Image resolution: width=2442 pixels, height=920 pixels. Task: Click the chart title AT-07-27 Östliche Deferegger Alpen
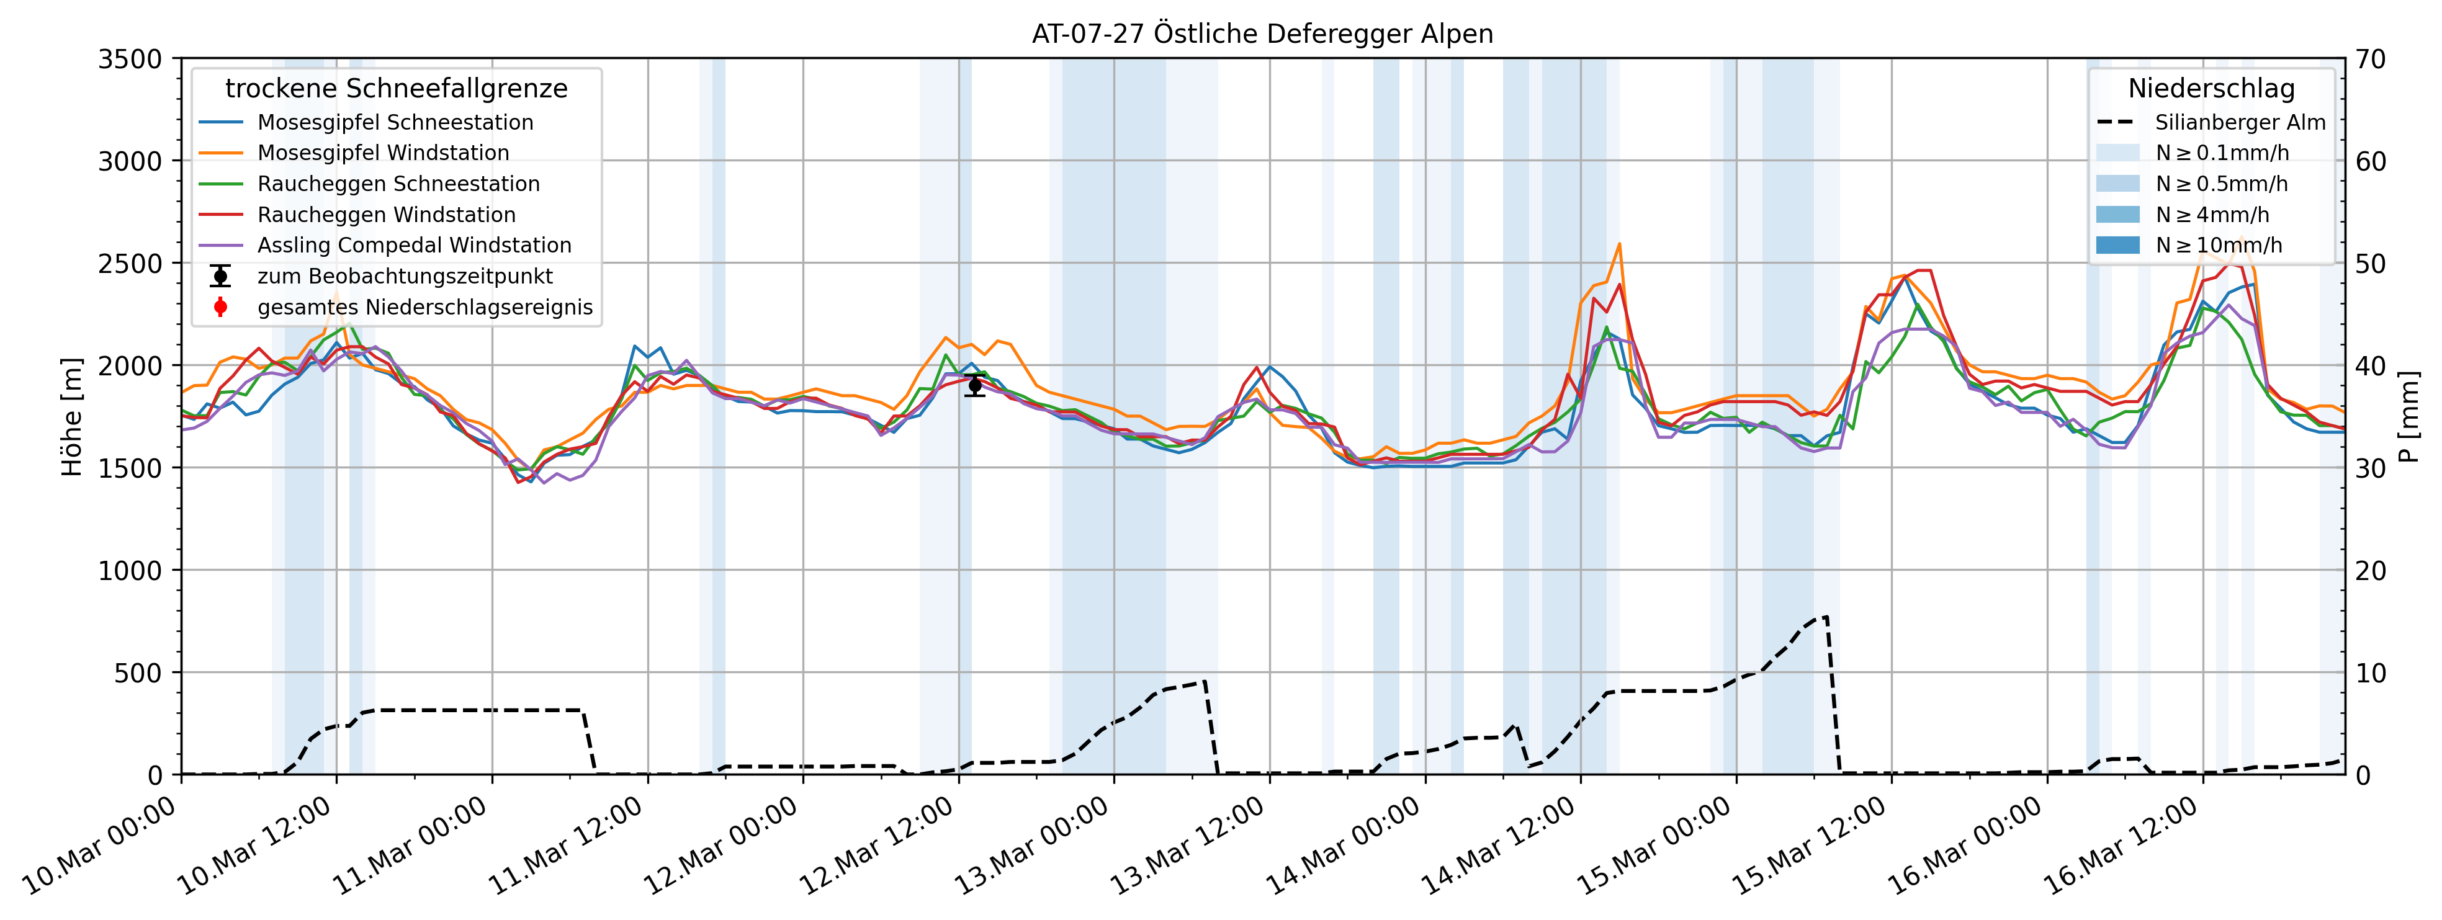[x=1262, y=34]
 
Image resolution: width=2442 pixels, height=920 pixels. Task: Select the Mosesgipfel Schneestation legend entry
[x=394, y=122]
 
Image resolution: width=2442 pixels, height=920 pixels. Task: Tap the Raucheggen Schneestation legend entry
[x=398, y=184]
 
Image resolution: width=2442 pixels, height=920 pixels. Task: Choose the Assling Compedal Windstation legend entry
[x=415, y=246]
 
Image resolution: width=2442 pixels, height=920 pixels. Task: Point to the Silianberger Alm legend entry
[x=2239, y=122]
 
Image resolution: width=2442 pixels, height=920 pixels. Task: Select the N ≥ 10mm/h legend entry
[x=2218, y=246]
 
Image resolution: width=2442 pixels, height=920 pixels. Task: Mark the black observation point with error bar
[x=974, y=385]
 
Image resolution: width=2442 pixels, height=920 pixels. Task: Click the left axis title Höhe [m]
[x=72, y=417]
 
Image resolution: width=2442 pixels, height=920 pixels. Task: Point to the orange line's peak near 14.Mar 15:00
[x=1619, y=244]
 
